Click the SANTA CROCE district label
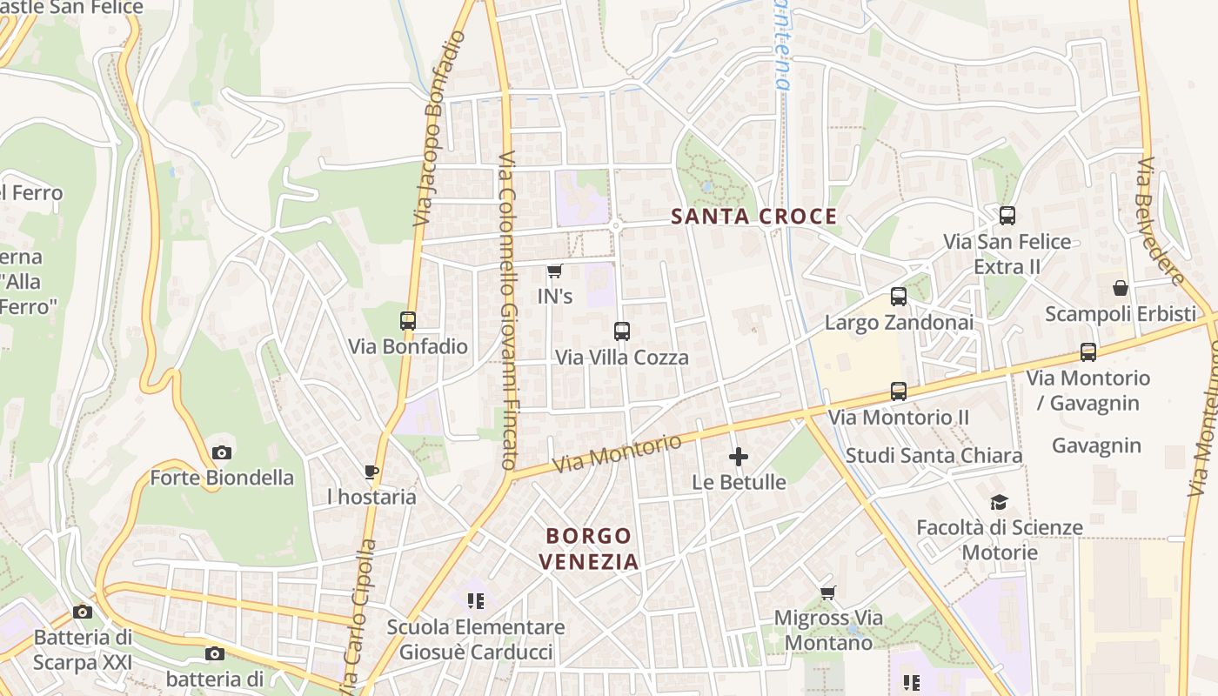tap(754, 217)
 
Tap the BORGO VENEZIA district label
tap(588, 548)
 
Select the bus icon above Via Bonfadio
tap(408, 320)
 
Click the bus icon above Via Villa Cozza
tap(621, 331)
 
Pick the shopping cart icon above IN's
tap(554, 271)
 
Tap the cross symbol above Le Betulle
tap(739, 457)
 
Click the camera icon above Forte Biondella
tap(222, 452)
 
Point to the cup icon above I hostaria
tap(371, 472)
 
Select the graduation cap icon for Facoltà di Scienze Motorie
tap(999, 502)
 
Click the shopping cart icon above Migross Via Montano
tap(828, 593)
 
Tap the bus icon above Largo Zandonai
tap(899, 297)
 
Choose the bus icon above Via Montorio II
tap(899, 391)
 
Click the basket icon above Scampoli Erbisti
tap(1121, 287)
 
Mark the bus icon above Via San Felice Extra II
tap(1007, 216)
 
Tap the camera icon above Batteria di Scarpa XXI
tap(83, 612)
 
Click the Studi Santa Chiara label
tap(934, 455)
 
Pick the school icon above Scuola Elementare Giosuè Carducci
tap(475, 600)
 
